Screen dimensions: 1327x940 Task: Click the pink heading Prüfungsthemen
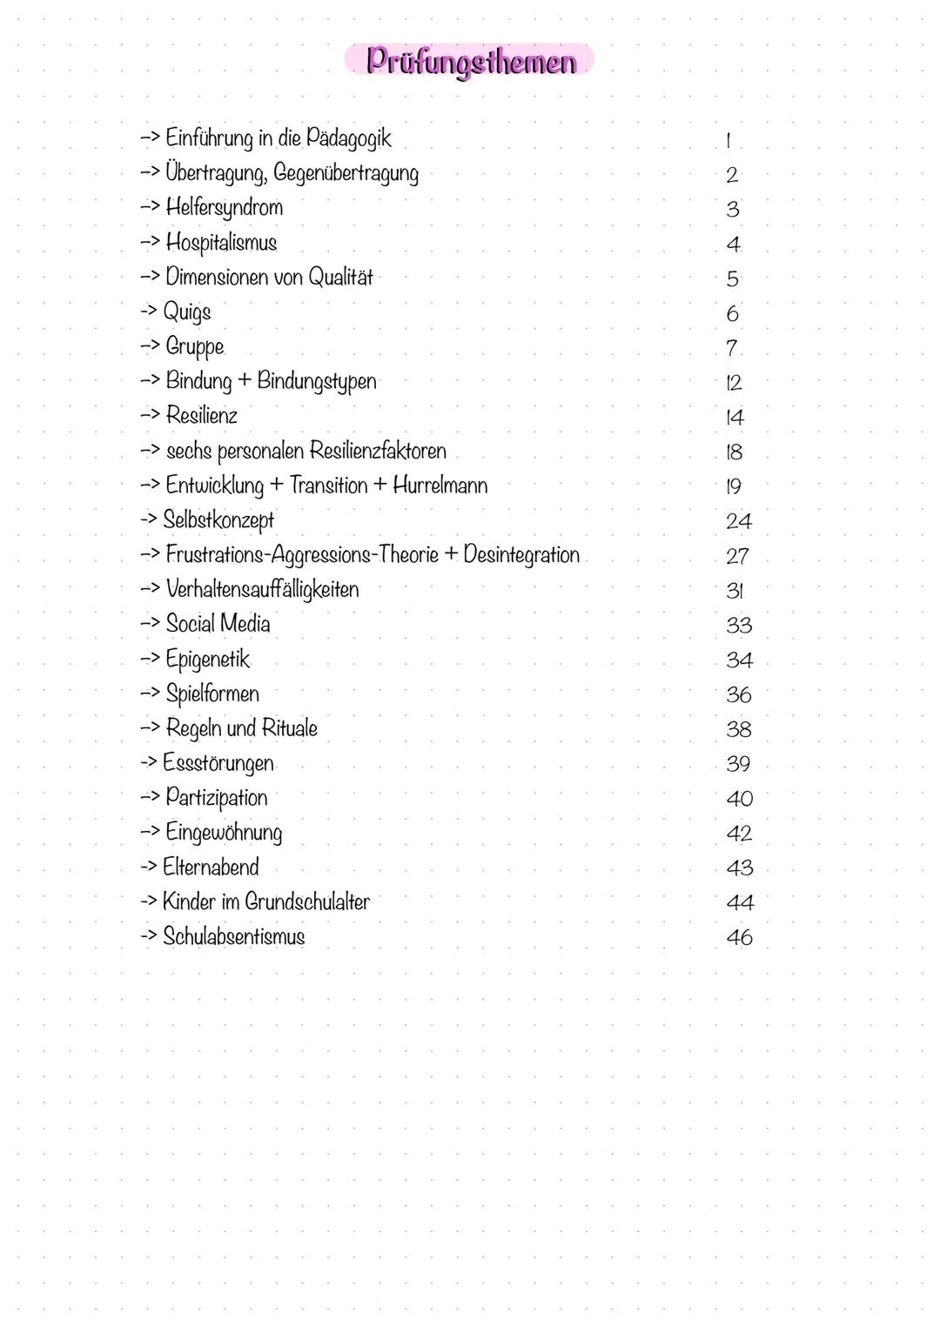[x=470, y=61]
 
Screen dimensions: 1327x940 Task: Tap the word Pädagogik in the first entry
[x=348, y=139]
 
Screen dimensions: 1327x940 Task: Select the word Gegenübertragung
[x=346, y=174]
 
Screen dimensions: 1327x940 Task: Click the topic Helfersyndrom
[x=224, y=208]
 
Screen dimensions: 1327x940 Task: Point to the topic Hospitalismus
[x=221, y=243]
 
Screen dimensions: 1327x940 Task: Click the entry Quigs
[x=187, y=312]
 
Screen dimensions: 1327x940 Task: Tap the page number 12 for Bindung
[x=733, y=383]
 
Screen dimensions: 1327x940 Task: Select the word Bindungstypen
[x=317, y=382]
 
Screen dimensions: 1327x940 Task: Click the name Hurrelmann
[x=440, y=486]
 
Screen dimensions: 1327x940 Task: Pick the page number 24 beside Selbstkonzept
[x=738, y=521]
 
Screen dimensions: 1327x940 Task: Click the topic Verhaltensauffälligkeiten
[x=262, y=589]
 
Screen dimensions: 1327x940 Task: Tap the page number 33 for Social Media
[x=738, y=626]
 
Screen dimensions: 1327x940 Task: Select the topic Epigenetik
[x=207, y=660]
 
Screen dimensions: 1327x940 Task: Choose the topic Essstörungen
[x=218, y=763]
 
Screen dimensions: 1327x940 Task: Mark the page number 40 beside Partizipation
[x=739, y=799]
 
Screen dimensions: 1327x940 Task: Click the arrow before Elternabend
[x=149, y=868]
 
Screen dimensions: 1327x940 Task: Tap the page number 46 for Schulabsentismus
[x=739, y=938]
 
